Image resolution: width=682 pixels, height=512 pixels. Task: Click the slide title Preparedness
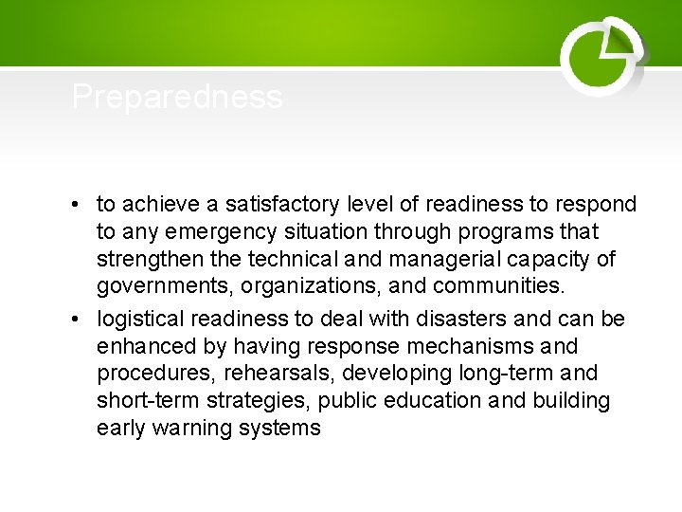(177, 97)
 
